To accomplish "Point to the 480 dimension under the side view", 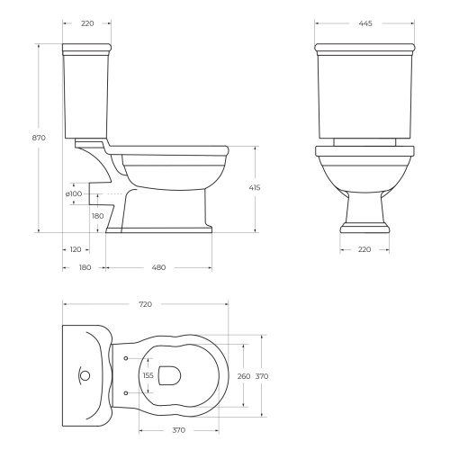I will click(x=158, y=267).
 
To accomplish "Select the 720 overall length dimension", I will click(x=146, y=306).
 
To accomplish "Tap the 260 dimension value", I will click(x=242, y=376).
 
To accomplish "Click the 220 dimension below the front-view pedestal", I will click(x=364, y=249).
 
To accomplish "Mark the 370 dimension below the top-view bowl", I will click(x=178, y=430).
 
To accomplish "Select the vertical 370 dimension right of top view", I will click(x=262, y=376).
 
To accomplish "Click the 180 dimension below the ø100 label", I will click(x=97, y=216).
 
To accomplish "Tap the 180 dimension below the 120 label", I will click(x=84, y=267).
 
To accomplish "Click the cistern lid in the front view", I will click(x=364, y=47).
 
